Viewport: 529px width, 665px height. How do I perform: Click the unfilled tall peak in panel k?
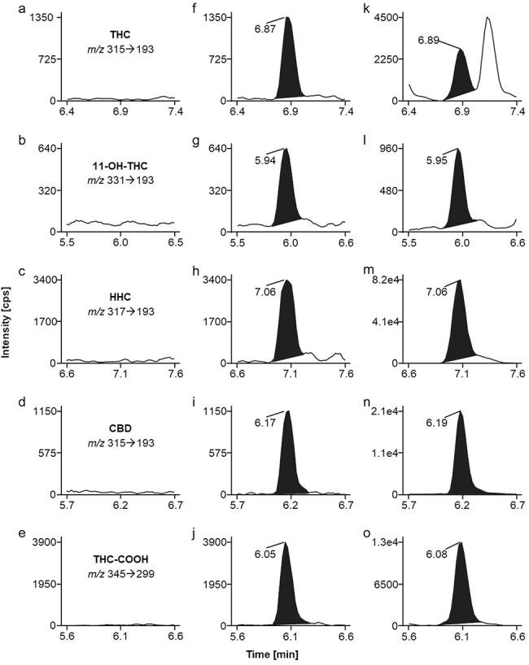[488, 57]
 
